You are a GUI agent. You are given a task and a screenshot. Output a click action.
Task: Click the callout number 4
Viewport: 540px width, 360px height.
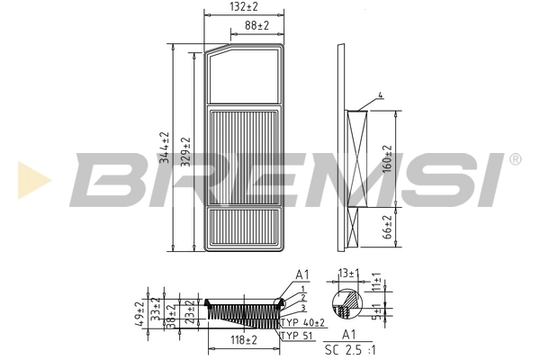click(381, 95)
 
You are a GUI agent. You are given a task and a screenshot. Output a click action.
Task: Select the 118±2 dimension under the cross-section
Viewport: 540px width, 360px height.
click(243, 339)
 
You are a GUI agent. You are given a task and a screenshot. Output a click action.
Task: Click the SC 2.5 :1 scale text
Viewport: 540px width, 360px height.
click(348, 348)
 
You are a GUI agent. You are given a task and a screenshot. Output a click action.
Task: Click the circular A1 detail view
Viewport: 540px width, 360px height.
click(346, 306)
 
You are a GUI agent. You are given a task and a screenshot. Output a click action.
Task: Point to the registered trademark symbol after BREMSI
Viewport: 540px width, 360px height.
click(515, 159)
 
